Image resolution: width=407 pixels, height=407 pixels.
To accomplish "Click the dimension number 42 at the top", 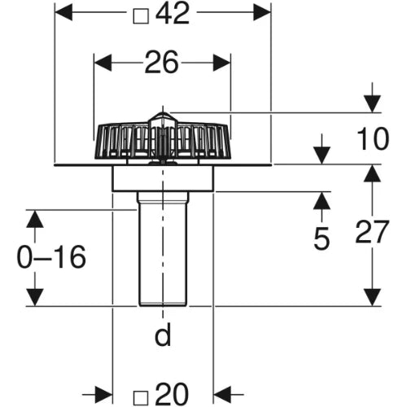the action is pos(173,14).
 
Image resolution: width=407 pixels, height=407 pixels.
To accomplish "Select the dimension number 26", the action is pos(162,63).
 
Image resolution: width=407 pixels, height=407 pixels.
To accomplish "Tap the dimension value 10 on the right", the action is pos(373,138).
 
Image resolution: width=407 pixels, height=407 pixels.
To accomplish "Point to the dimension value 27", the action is pos(372,232).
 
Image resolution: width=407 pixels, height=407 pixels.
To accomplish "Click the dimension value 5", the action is pos(322,239).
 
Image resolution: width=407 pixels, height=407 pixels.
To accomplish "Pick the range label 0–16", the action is pos(51,256).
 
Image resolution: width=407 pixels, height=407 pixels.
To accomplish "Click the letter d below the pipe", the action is pos(163,334).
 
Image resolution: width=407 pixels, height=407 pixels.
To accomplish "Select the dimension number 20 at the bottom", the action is pos(172,394).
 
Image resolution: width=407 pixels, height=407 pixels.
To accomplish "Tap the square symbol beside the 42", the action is pos(141,16).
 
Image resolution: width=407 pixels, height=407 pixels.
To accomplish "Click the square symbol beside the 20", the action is pos(141,398).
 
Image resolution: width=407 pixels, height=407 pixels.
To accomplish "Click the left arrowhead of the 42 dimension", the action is pos(63,12).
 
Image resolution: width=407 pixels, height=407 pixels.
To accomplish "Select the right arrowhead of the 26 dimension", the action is pos(222,63).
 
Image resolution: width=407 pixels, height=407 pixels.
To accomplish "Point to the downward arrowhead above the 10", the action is pos(372,104).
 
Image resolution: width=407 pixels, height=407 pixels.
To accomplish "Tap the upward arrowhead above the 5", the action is pos(322,200).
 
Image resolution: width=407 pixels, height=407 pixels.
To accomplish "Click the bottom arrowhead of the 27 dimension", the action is pos(372,297).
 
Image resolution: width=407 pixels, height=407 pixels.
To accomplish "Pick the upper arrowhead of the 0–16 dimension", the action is pos(35,219).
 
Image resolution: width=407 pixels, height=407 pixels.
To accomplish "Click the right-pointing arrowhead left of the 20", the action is pos(103,394).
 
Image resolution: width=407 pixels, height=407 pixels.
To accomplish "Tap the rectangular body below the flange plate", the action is pos(163,178).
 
